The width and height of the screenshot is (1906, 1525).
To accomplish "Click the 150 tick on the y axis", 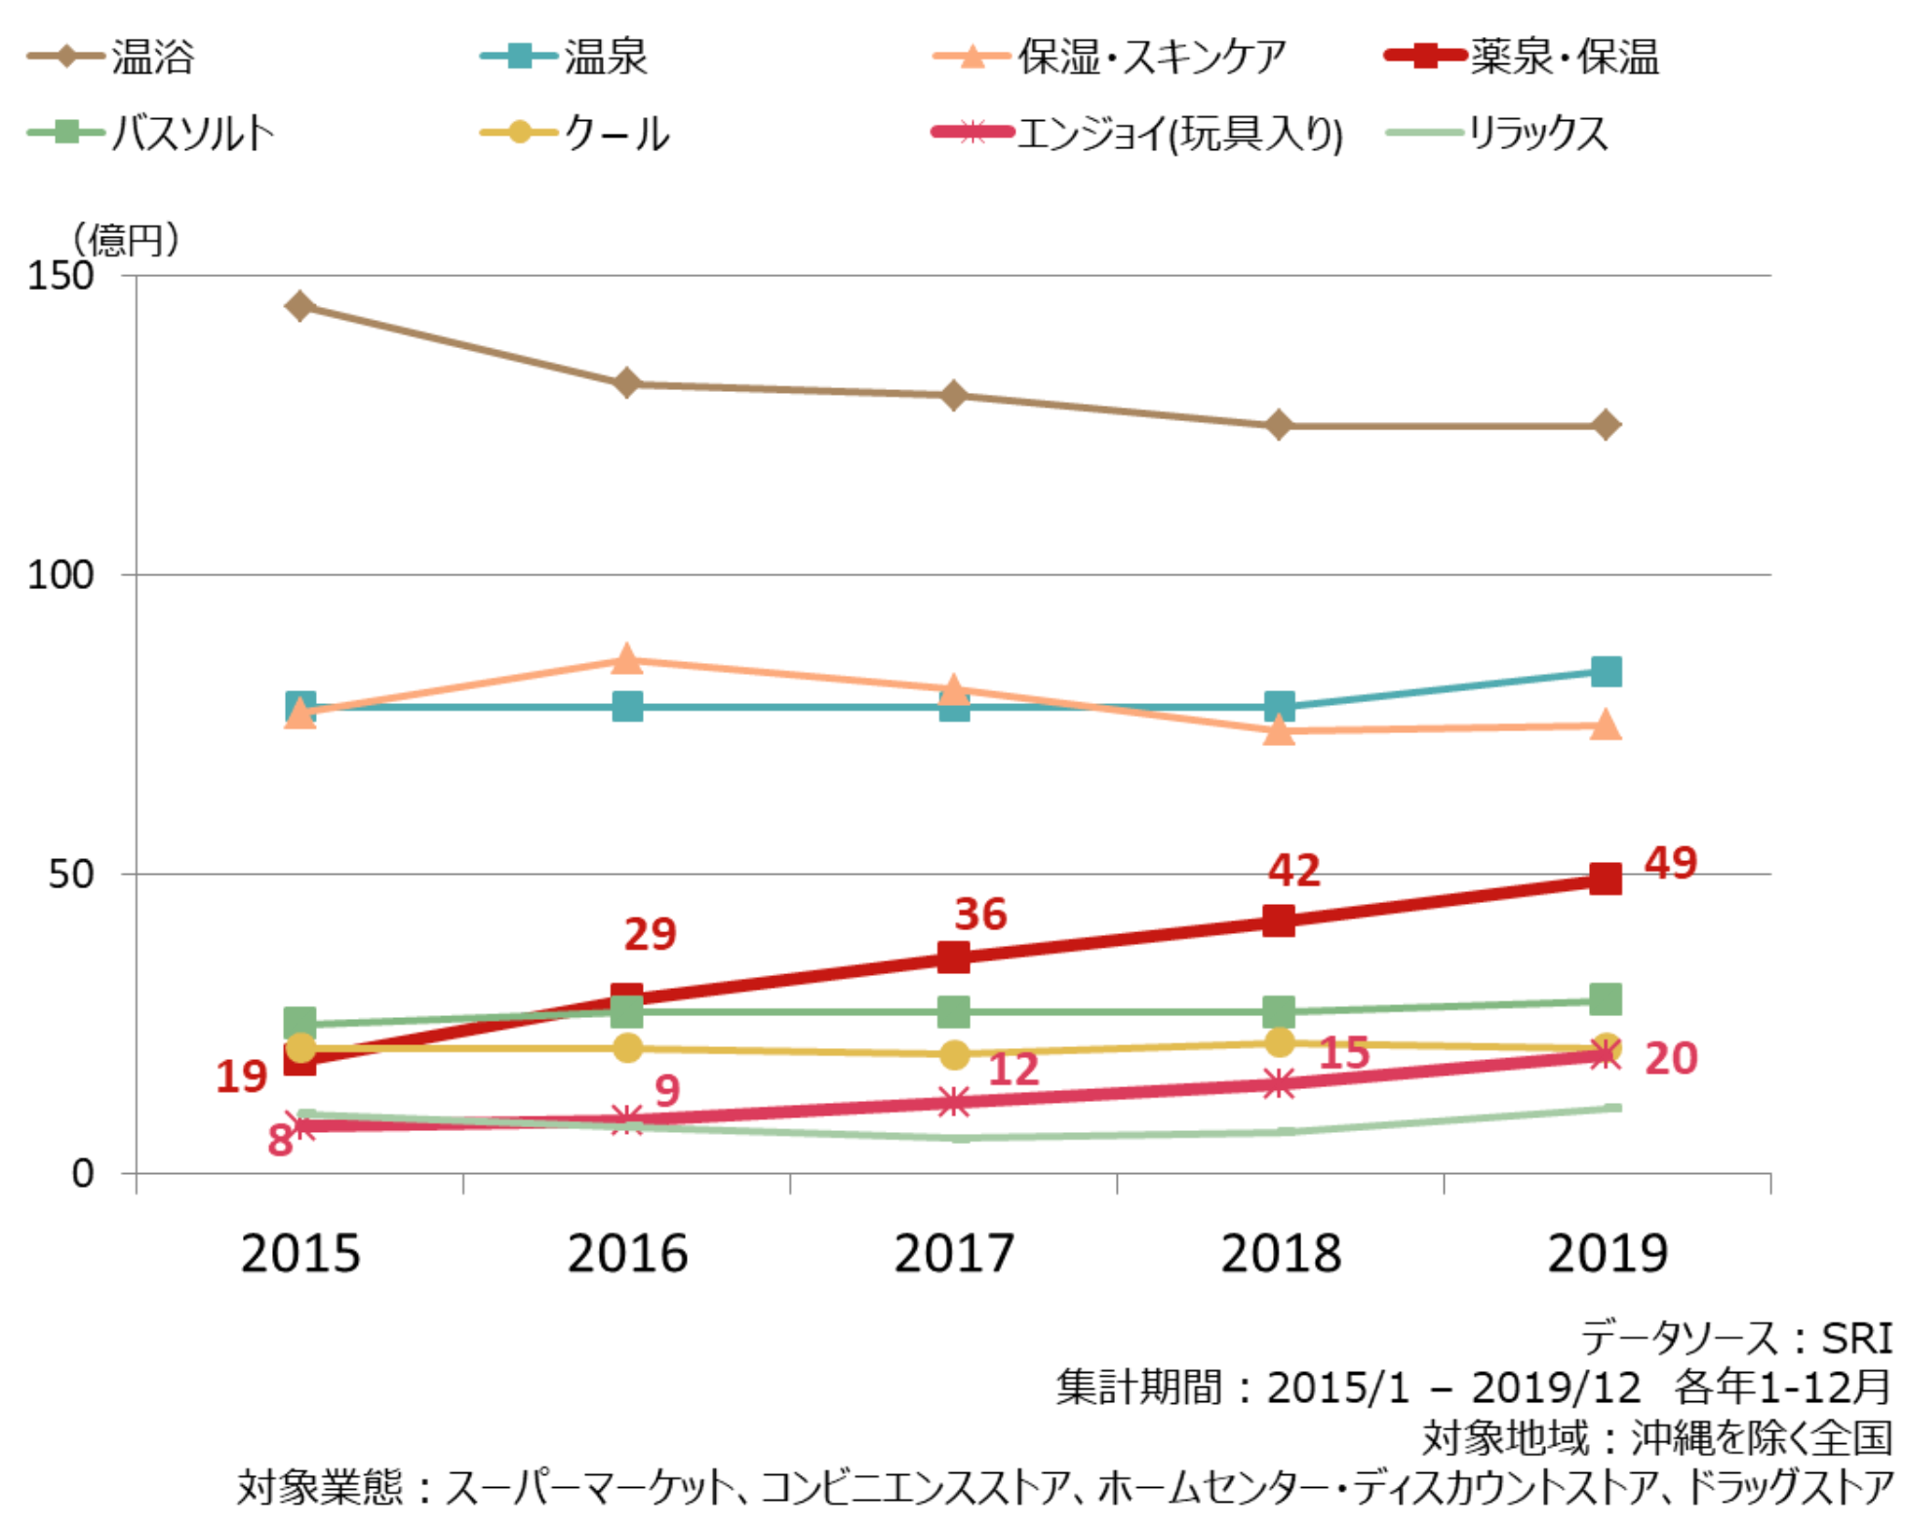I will (x=60, y=276).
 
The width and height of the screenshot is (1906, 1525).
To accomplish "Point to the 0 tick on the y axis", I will (x=83, y=1173).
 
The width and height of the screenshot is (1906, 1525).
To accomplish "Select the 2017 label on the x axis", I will (x=954, y=1254).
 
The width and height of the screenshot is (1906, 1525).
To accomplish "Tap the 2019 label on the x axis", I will (x=1608, y=1254).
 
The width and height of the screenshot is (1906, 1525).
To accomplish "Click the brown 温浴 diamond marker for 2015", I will (x=300, y=306).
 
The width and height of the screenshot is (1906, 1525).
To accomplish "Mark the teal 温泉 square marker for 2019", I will (x=1606, y=671).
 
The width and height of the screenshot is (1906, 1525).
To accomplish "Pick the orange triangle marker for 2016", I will (x=627, y=660).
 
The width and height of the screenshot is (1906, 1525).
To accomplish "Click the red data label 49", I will (x=1671, y=863).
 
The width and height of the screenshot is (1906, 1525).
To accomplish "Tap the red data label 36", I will (x=980, y=915).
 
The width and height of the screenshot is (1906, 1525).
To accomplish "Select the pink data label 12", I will (x=1013, y=1070).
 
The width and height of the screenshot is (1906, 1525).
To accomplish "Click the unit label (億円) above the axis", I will (x=127, y=239).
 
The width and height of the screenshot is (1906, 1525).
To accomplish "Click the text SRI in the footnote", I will (x=1856, y=1339).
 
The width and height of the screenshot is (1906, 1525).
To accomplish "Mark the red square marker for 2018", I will (x=1279, y=920).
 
